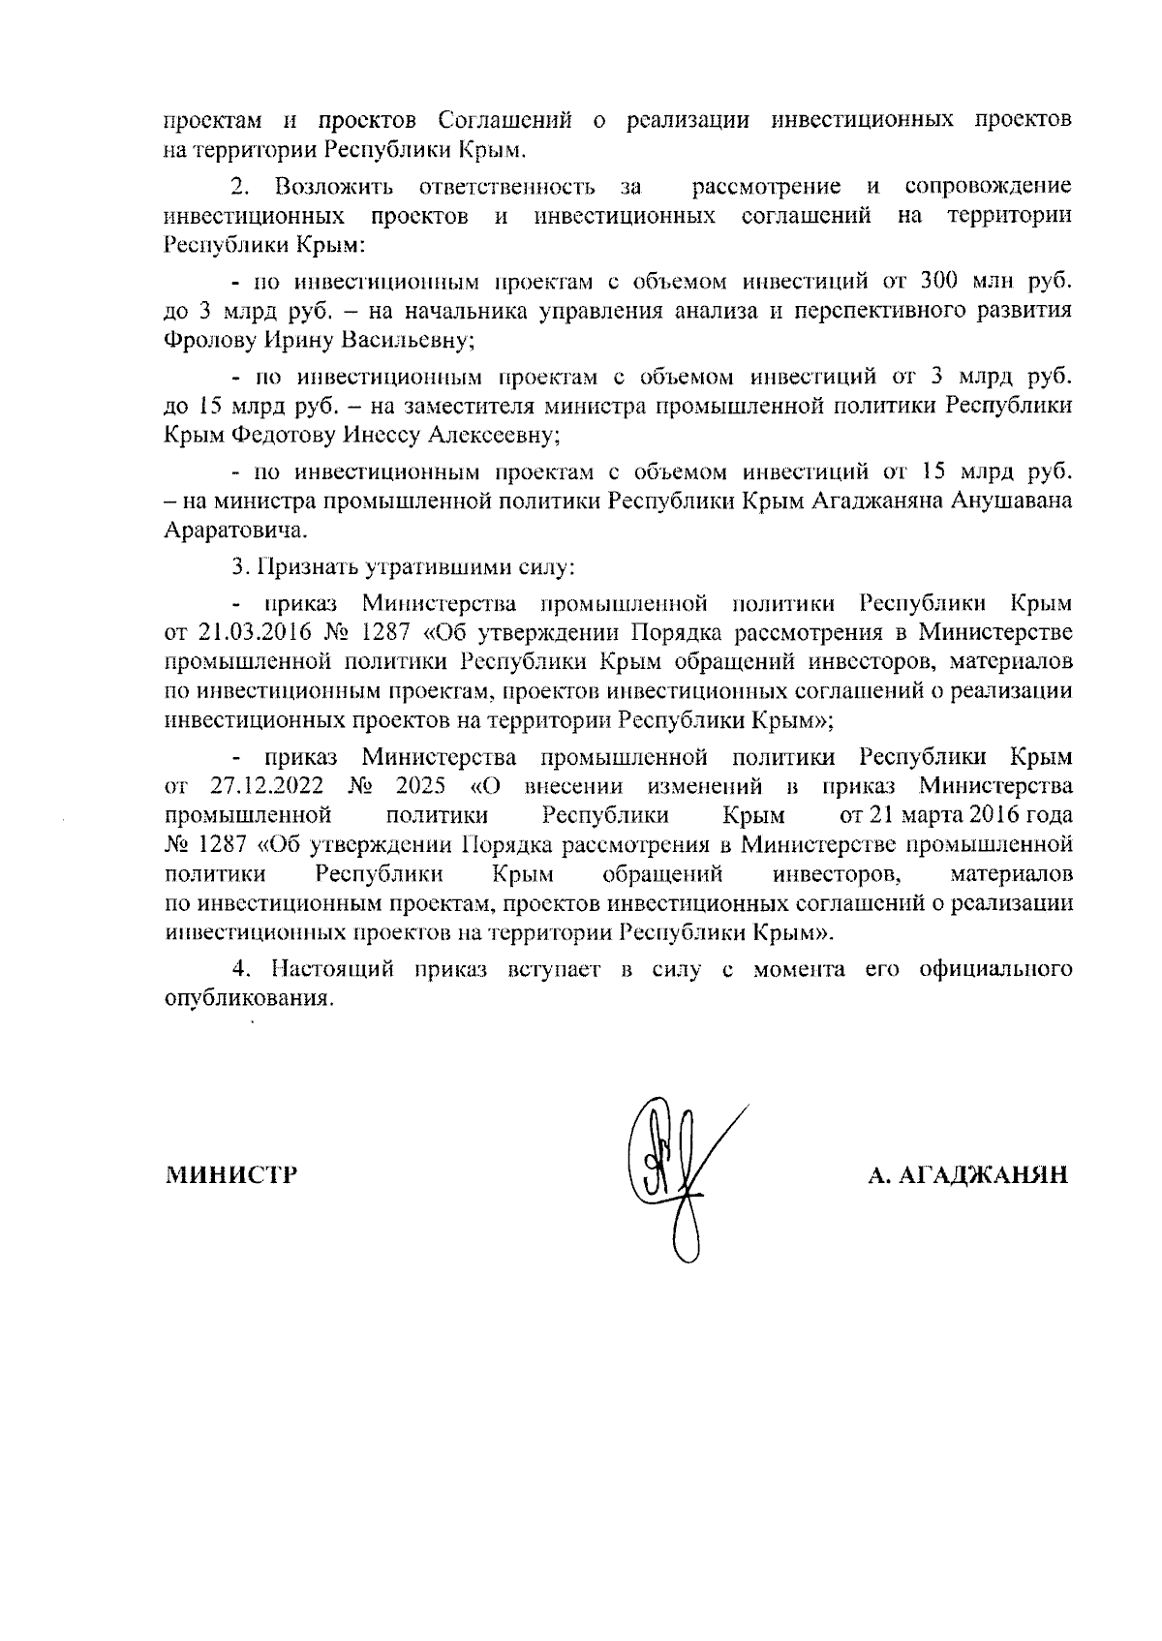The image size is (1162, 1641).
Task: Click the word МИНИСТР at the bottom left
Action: [x=231, y=1175]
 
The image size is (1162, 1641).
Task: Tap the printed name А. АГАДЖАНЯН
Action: [x=967, y=1175]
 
